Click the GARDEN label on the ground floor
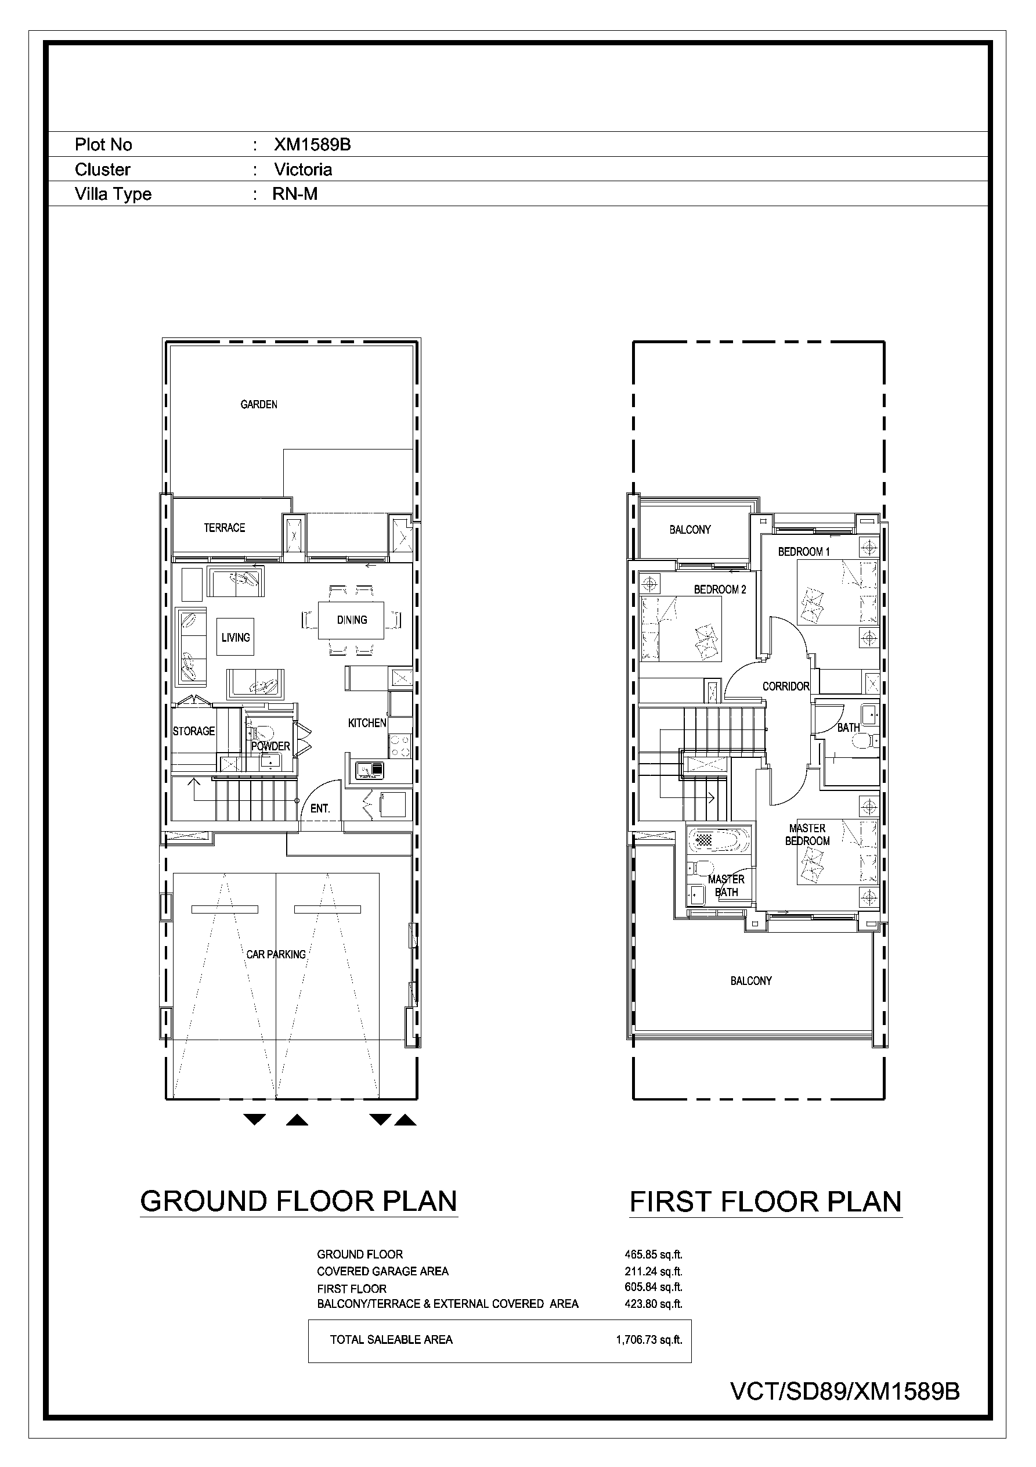(259, 404)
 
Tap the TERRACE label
(224, 528)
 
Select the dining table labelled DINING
(351, 620)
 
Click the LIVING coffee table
(235, 637)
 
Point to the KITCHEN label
(367, 722)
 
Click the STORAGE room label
(193, 731)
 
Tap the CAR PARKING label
(276, 954)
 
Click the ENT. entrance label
(320, 808)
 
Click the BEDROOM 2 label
(720, 589)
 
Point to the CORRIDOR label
(786, 686)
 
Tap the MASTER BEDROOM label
(807, 835)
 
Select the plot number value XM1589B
(312, 145)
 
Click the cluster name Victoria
(303, 170)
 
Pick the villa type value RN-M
(294, 193)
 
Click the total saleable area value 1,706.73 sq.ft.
(649, 1340)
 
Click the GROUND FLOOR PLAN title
(298, 1201)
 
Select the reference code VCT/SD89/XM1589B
(845, 1392)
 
